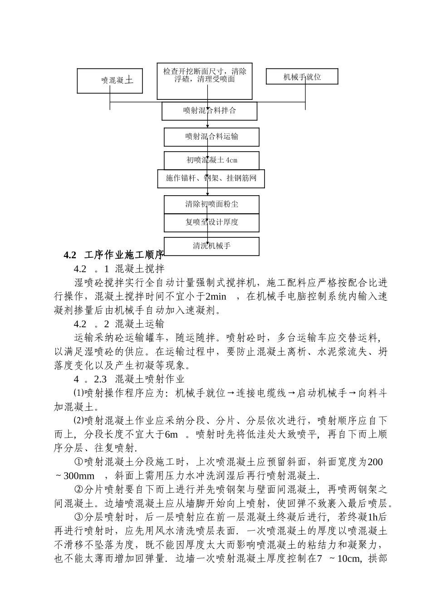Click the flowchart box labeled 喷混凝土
(110, 81)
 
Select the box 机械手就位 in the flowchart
(302, 77)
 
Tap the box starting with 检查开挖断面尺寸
(205, 81)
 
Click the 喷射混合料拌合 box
(210, 111)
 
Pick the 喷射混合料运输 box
(211, 137)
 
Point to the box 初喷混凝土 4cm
(211, 160)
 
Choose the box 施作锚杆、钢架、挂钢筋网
(211, 179)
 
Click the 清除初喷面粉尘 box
(211, 204)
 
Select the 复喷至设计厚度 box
(211, 222)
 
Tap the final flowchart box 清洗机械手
(211, 246)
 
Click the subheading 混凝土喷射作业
(150, 379)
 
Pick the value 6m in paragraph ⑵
(171, 435)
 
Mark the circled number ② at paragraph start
(78, 490)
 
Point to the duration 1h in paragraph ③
(373, 517)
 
